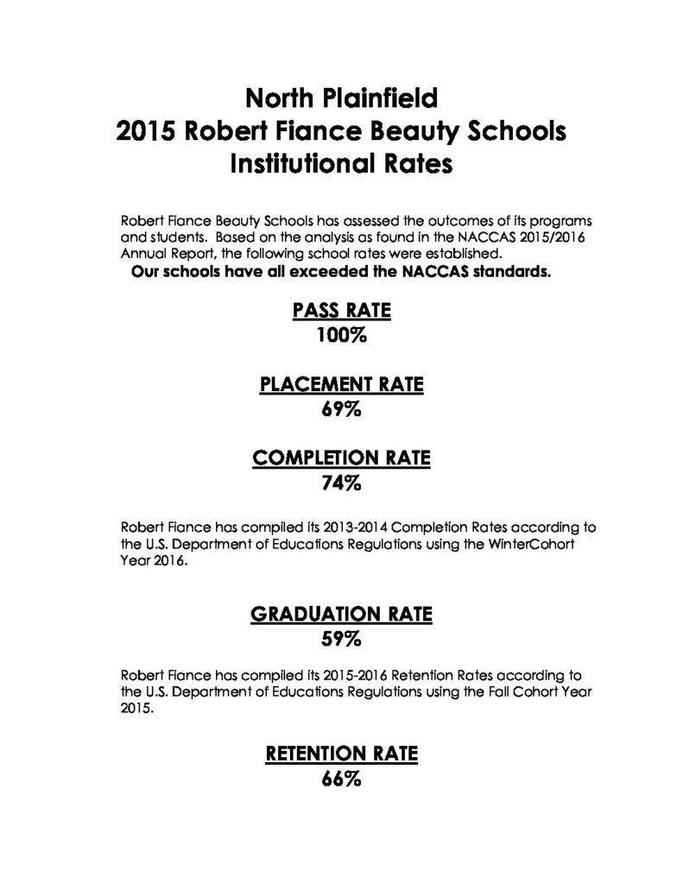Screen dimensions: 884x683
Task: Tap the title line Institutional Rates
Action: point(341,164)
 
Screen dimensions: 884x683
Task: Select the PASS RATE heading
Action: point(341,312)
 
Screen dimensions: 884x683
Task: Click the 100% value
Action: point(341,336)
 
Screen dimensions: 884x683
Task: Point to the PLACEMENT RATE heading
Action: point(341,386)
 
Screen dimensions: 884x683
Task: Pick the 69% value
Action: point(341,410)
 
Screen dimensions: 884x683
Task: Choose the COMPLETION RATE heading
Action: point(341,459)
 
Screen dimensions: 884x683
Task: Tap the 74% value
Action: point(341,483)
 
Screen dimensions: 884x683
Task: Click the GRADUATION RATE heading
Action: point(341,616)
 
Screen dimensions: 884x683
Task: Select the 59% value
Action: point(341,640)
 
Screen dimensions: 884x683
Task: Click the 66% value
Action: point(341,780)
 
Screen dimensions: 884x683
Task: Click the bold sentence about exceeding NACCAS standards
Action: point(341,273)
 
